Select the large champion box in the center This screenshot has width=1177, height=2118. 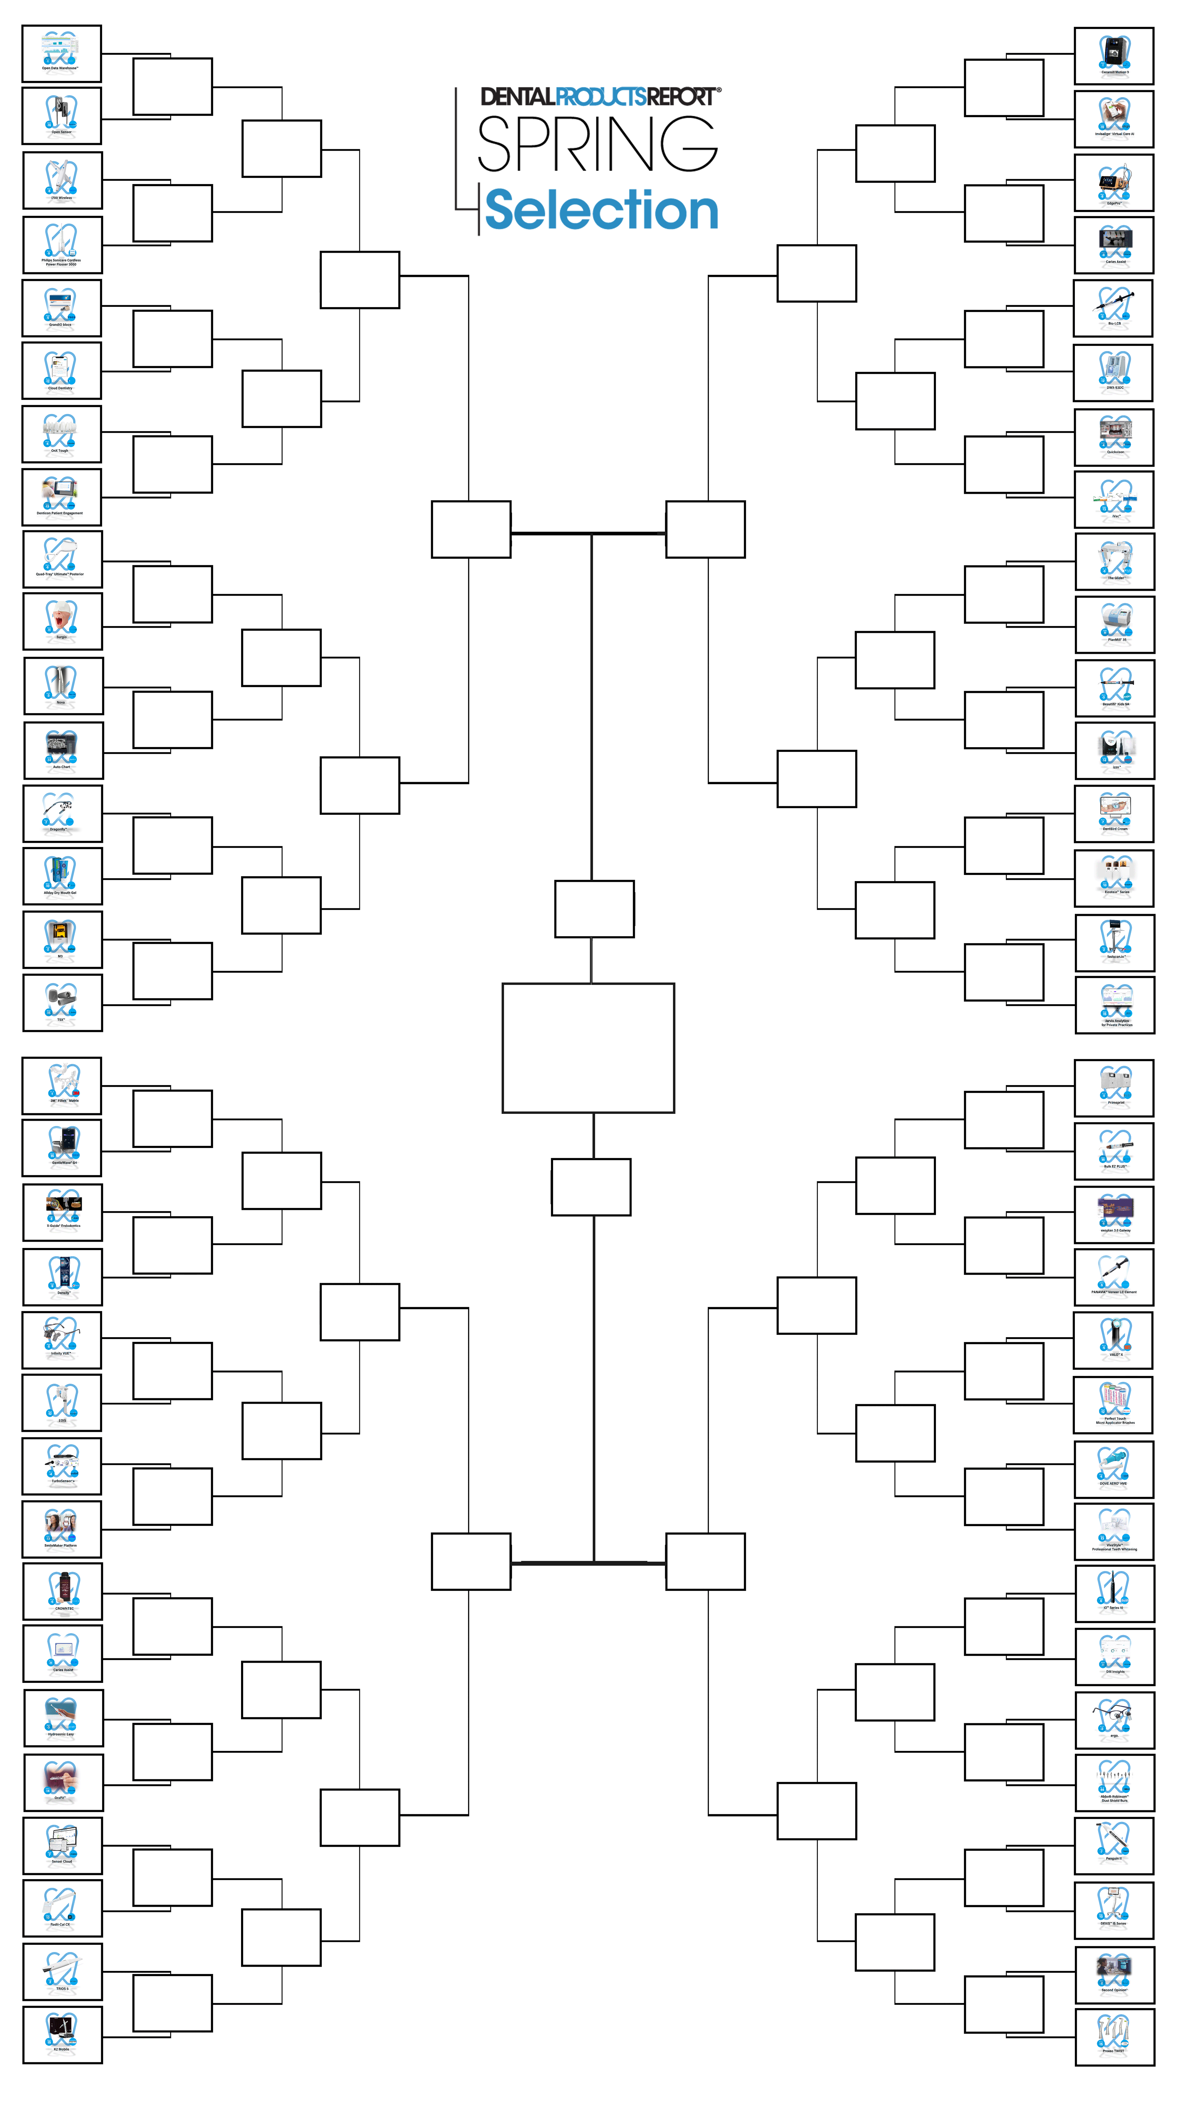coord(588,1047)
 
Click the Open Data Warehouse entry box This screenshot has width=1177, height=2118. coord(62,54)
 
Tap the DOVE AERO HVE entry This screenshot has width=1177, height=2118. coord(1114,1469)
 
